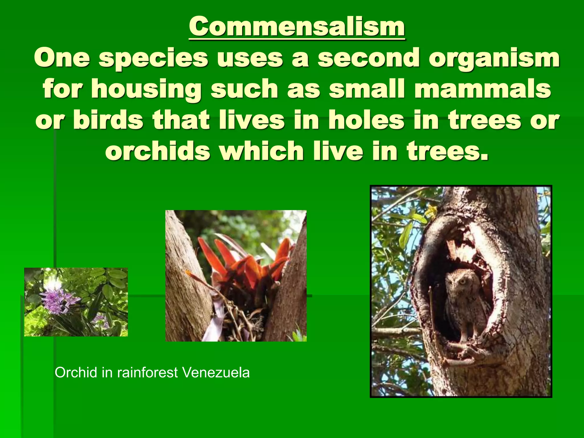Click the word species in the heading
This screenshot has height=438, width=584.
click(x=154, y=58)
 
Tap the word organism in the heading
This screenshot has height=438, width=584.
click(x=495, y=58)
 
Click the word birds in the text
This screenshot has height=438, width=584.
click(x=108, y=120)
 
